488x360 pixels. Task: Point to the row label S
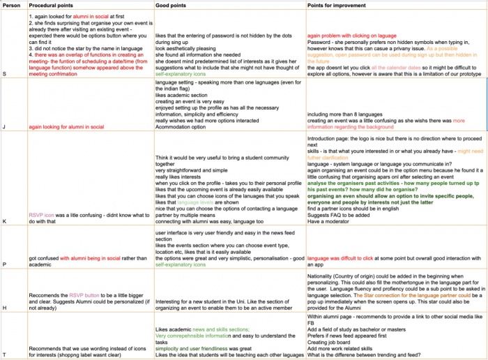[6, 91]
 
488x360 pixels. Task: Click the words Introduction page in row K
[330, 138]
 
